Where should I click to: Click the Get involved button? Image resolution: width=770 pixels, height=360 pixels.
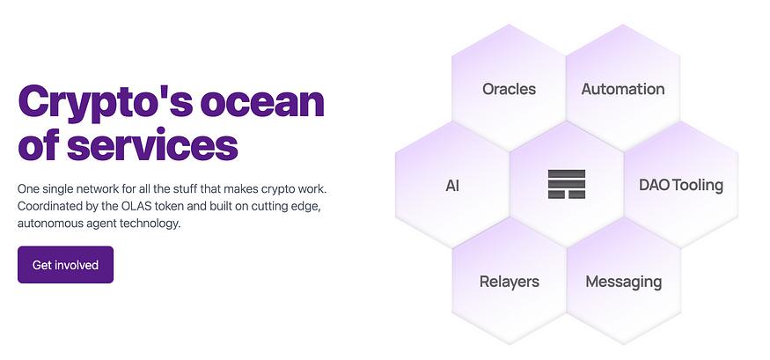[x=65, y=265]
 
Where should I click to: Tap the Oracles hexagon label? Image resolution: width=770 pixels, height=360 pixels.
[x=509, y=89]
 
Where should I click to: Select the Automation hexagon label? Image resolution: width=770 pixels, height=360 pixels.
[x=623, y=89]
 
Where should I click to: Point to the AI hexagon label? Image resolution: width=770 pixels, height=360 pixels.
[x=452, y=186]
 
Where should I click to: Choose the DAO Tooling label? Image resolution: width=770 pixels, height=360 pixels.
[x=681, y=185]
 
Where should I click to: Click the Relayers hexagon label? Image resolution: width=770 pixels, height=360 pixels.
[x=510, y=282]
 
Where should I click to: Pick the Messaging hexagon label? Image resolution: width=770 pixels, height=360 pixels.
[x=624, y=282]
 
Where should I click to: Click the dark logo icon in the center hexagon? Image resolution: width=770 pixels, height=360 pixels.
[x=567, y=184]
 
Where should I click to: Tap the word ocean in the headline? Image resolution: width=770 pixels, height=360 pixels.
[x=262, y=101]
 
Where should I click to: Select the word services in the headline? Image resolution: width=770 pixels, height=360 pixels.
[x=152, y=145]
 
